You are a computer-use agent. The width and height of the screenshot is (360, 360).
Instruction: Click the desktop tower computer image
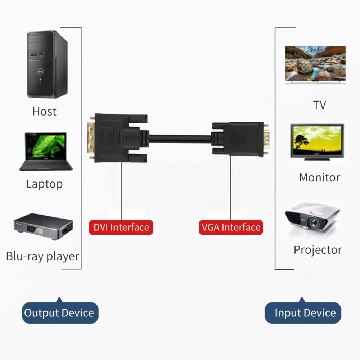click(47, 64)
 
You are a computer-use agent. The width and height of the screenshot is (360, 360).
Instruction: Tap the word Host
click(44, 111)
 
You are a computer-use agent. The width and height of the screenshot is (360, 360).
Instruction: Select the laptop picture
click(46, 152)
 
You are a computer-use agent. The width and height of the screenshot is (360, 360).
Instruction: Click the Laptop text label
click(44, 184)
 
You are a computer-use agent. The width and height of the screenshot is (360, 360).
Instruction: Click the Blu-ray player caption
click(42, 256)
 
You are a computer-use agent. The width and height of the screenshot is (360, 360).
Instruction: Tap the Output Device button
click(59, 313)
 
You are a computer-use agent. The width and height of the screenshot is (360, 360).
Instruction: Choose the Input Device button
click(305, 313)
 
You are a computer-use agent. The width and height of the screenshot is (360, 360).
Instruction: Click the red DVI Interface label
click(121, 227)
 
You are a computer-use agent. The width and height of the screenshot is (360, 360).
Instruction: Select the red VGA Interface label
click(231, 227)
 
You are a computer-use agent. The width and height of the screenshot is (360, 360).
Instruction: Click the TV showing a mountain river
click(315, 64)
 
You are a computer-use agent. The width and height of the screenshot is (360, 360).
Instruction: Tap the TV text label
click(319, 105)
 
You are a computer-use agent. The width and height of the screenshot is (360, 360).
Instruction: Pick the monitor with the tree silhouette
click(317, 141)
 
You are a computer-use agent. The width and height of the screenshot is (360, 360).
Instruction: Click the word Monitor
click(319, 177)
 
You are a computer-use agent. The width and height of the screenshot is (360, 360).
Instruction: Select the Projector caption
click(318, 250)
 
